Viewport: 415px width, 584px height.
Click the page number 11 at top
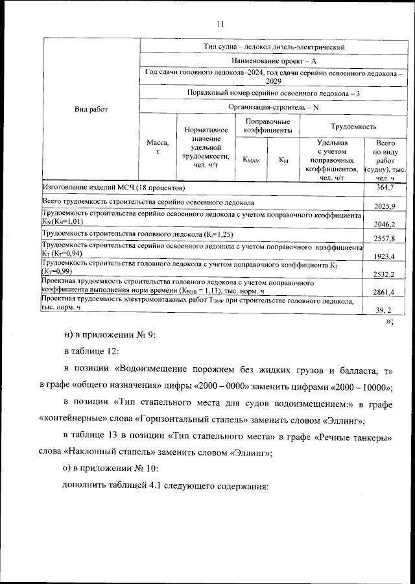point(220,24)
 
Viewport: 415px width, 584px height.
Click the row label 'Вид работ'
point(91,109)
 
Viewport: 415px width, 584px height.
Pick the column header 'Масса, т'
point(158,147)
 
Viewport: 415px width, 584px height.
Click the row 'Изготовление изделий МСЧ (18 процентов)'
point(113,187)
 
